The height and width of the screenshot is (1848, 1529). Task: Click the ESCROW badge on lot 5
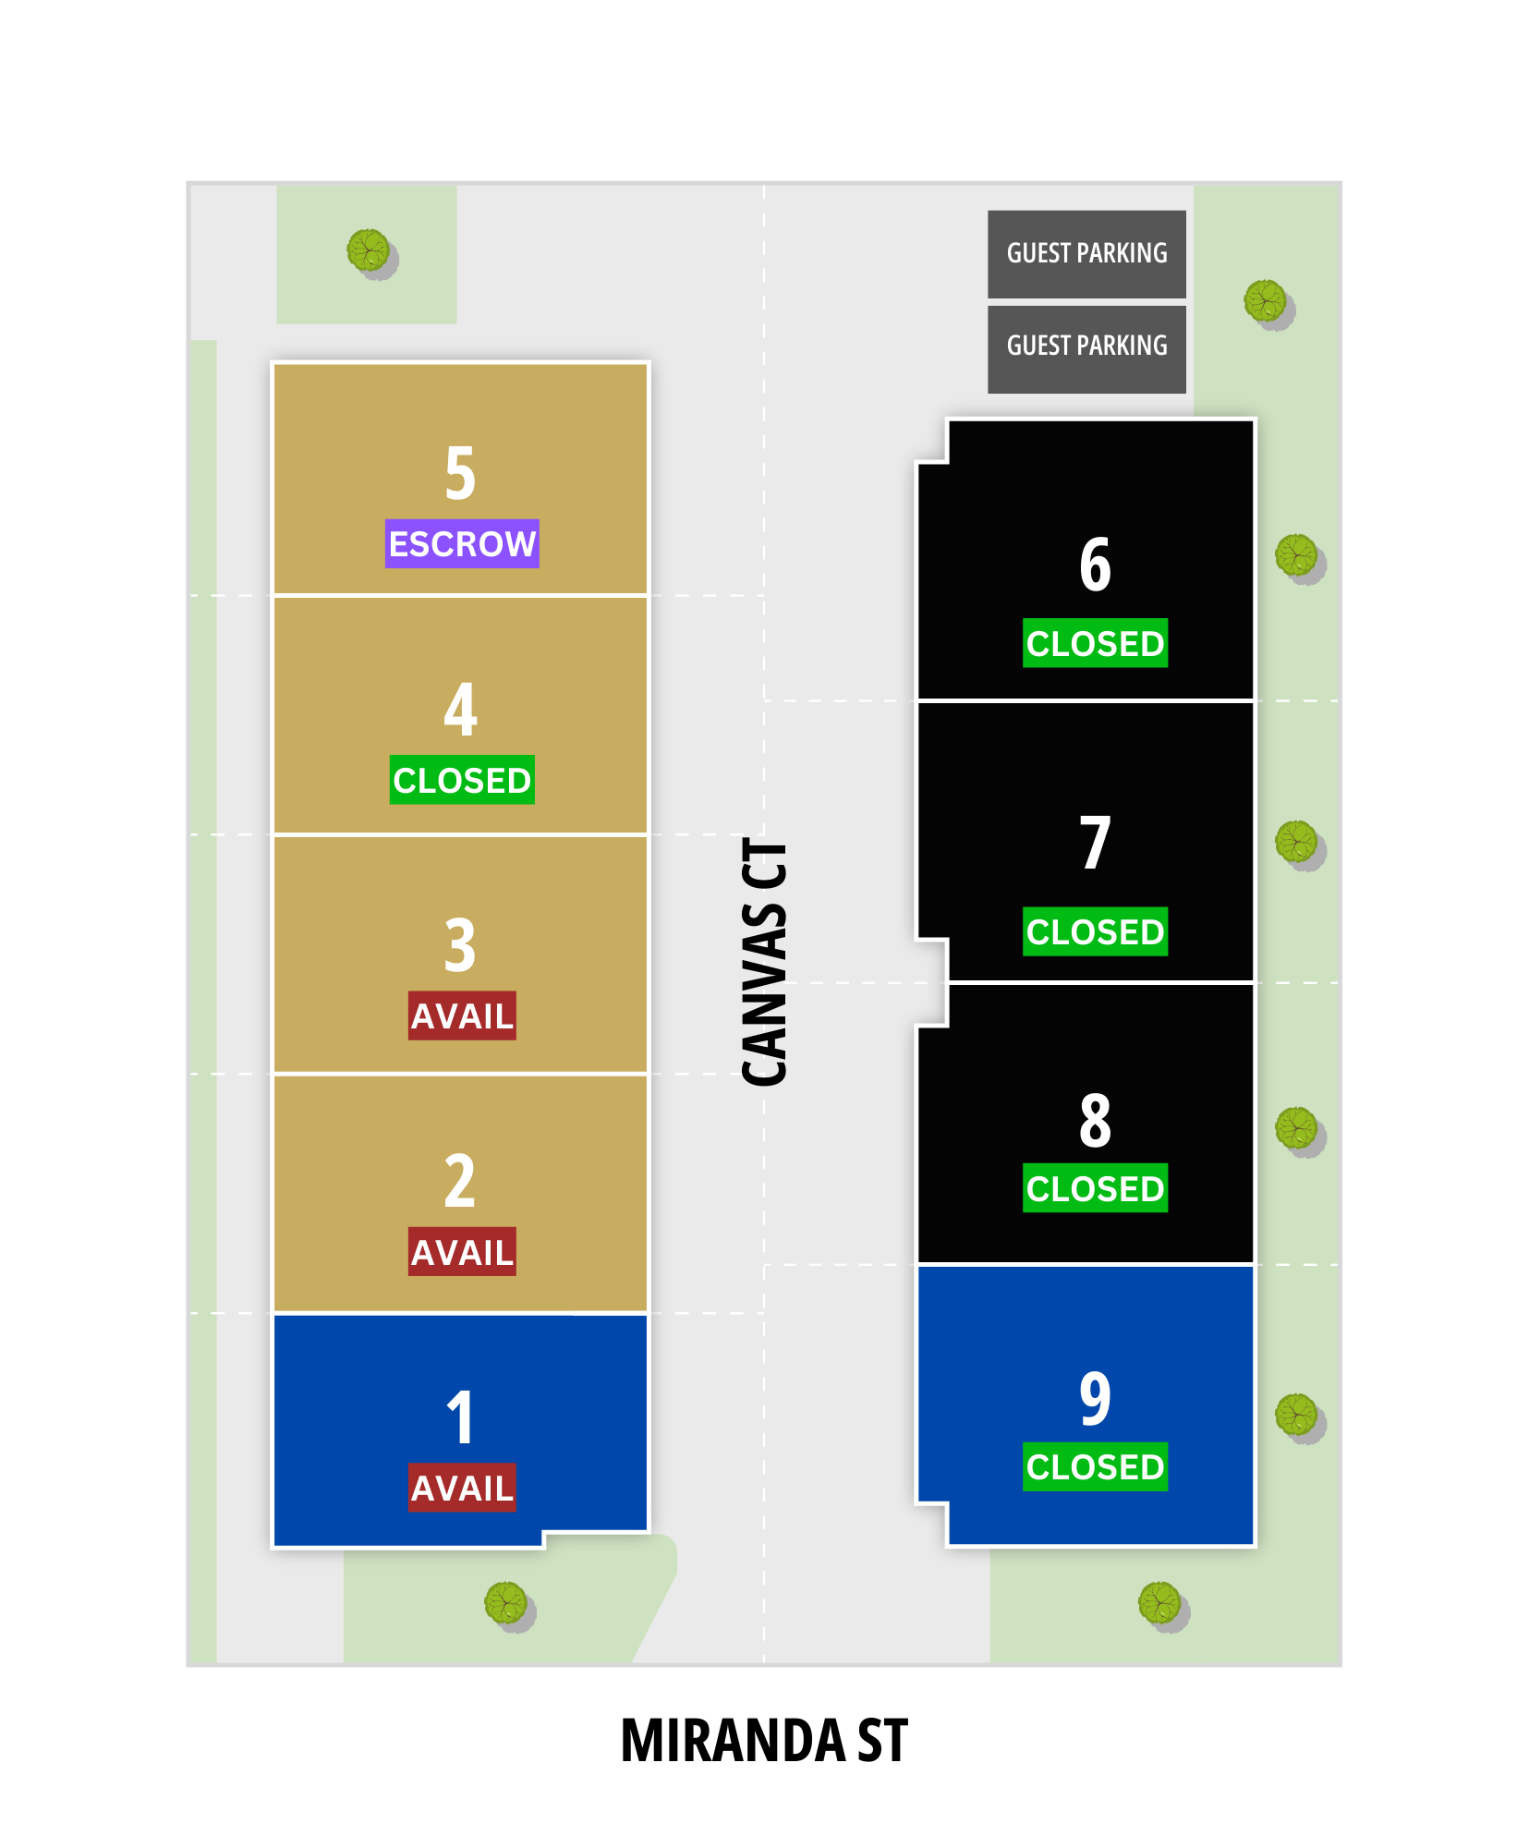pos(462,543)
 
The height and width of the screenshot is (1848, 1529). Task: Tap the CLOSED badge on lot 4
pos(462,780)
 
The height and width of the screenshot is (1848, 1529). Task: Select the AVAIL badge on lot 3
pos(462,1016)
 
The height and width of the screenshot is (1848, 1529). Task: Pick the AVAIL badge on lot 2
pos(462,1252)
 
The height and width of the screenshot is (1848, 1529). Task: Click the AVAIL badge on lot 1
pos(462,1488)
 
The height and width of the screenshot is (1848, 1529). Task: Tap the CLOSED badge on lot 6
pos(1095,643)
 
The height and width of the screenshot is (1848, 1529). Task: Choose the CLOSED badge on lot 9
pos(1095,1466)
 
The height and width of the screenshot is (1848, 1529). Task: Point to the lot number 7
pos(1096,843)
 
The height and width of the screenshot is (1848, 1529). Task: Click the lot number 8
pos(1096,1120)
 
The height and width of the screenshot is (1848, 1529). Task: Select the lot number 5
pos(460,473)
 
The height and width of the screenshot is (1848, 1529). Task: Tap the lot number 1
pos(460,1417)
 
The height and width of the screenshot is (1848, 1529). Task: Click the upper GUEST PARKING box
pos(1086,254)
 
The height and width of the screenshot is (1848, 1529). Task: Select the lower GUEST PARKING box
pos(1086,349)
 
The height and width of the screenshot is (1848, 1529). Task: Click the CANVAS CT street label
pos(765,962)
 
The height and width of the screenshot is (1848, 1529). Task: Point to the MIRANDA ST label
pos(764,1741)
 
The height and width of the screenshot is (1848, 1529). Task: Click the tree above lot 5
pos(370,252)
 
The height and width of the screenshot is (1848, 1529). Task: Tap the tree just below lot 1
pos(508,1605)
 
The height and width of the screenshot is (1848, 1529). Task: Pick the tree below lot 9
pos(1162,1605)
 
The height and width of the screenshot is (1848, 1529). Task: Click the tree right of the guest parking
pos(1268,304)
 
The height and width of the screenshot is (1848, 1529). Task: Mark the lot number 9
pos(1096,1398)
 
